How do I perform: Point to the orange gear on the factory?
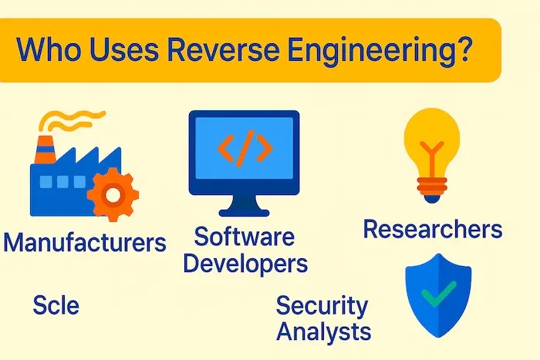[x=113, y=194]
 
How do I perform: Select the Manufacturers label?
[x=84, y=243]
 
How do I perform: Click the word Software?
[x=244, y=237]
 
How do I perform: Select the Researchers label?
[x=432, y=229]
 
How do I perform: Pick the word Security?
[x=322, y=306]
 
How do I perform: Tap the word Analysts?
[x=324, y=332]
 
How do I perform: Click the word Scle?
[x=56, y=305]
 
